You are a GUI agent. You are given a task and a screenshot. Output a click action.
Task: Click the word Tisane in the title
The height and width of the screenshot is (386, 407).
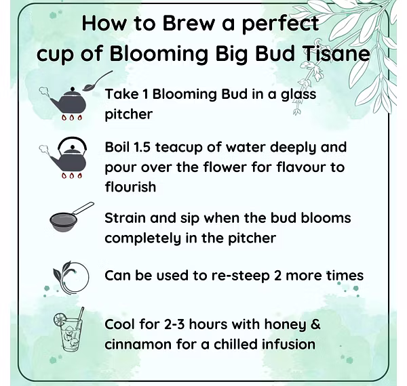coord(336,53)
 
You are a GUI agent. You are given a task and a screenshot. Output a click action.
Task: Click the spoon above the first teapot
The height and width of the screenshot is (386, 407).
coord(97,81)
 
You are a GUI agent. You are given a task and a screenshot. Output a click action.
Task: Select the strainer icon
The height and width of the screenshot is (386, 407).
coord(72,217)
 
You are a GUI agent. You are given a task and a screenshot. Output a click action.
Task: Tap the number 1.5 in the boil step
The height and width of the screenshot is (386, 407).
coord(142,147)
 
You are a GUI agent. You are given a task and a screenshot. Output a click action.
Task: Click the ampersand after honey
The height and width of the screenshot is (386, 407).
coord(315,324)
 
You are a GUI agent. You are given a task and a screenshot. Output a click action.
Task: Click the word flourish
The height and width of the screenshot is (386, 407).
coord(130,187)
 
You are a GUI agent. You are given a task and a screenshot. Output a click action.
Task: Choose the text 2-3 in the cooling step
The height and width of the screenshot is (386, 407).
coord(174,324)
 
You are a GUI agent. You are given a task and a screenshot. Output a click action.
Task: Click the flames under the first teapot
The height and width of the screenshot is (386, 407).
coord(72,118)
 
